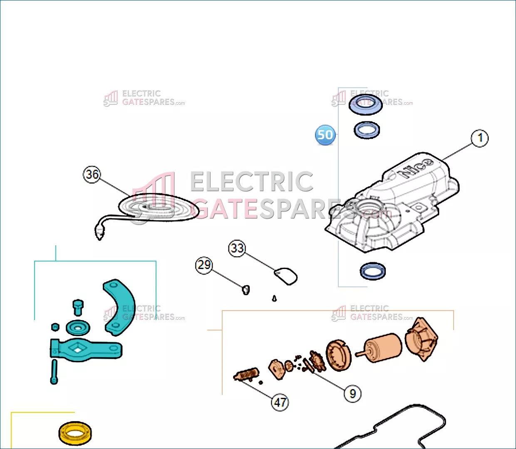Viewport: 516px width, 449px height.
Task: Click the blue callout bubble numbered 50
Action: pos(325,135)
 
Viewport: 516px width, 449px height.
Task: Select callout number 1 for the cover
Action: pos(480,138)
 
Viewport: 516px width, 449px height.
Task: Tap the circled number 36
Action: pos(92,174)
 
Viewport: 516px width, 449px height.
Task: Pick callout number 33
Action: pos(237,248)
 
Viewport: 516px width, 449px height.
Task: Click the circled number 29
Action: pos(204,265)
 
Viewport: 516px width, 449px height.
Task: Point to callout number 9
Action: pos(352,393)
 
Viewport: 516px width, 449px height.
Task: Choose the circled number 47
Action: pos(280,402)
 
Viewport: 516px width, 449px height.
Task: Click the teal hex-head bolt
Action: pos(78,307)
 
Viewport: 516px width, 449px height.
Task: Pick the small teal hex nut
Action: pos(55,327)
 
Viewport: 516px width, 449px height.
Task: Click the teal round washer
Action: pos(78,328)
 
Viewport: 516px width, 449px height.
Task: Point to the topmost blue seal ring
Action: pos(366,105)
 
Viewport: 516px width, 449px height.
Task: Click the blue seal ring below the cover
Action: pos(373,271)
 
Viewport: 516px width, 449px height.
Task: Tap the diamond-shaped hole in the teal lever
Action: pos(78,349)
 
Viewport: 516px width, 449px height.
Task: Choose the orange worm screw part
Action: pos(246,374)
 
